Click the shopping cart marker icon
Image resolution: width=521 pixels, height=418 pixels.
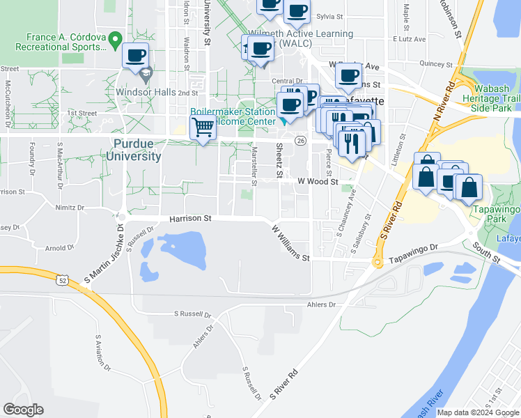point(203,127)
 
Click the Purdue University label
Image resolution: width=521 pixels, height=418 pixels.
point(134,150)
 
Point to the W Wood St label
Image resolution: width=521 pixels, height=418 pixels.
point(317,181)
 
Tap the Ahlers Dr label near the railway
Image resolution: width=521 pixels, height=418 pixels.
point(320,304)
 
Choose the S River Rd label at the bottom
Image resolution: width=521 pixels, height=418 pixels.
point(283,383)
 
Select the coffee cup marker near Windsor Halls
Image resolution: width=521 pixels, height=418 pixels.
point(135,55)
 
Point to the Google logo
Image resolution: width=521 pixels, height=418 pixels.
point(23,410)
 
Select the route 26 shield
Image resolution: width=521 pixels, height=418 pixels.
point(300,140)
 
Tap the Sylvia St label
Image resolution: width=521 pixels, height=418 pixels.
point(329,15)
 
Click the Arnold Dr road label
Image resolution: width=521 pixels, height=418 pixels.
point(59,247)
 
